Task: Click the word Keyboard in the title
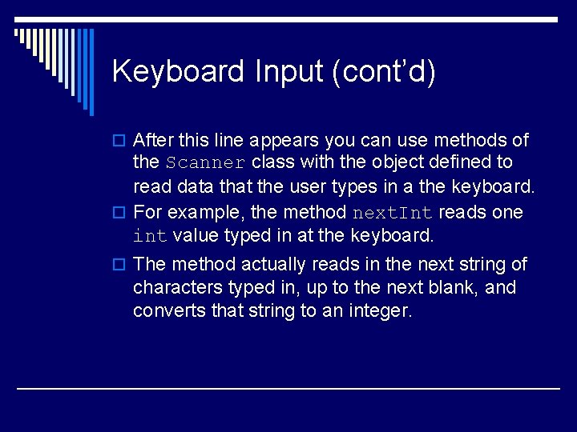coord(179,72)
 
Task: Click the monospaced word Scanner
coord(205,163)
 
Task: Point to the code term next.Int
coord(393,214)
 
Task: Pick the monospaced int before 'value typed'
coord(150,237)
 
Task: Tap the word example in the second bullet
coord(206,214)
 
